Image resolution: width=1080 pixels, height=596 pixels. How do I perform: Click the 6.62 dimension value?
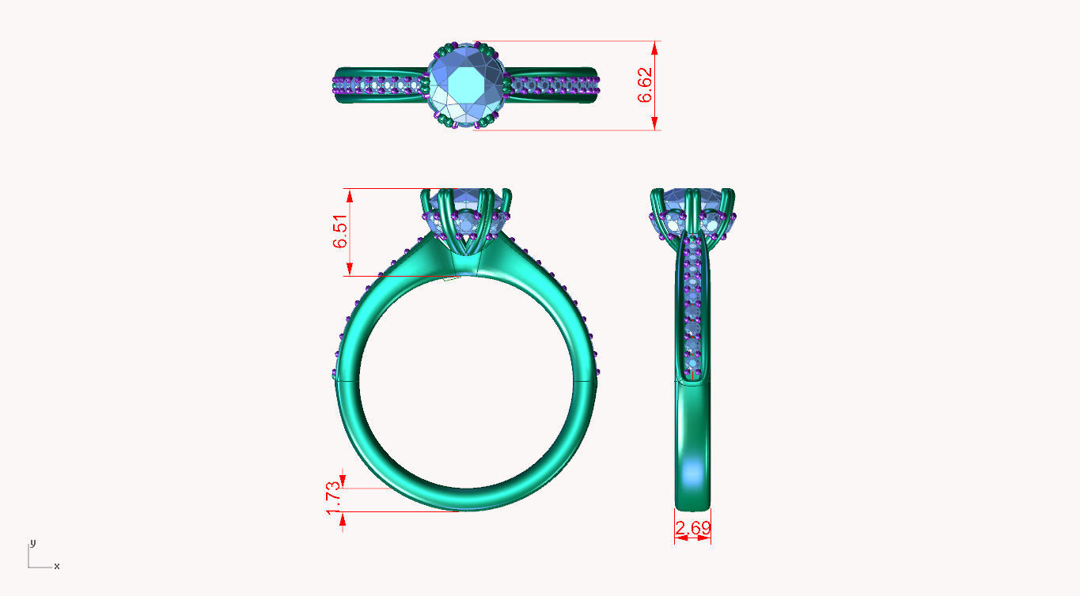point(646,85)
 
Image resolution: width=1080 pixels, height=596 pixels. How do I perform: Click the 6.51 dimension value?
point(341,232)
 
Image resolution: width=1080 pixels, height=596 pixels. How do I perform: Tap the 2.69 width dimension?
point(692,528)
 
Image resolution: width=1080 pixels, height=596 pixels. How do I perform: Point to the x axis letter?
point(57,566)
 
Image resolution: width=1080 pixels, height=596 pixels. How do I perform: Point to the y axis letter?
point(32,543)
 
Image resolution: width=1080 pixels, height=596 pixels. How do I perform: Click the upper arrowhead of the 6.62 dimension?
point(655,47)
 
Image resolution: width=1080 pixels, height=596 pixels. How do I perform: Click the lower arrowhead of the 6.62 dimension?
point(655,123)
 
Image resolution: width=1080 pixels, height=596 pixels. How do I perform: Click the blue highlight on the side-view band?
point(693,473)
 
